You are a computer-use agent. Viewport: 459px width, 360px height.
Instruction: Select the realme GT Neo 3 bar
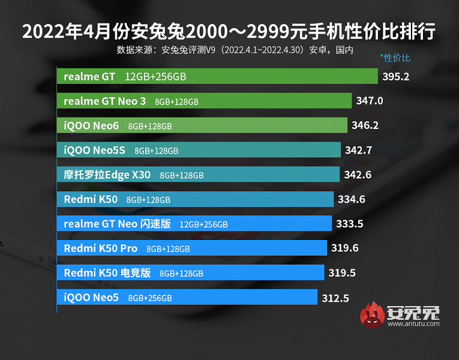point(204,101)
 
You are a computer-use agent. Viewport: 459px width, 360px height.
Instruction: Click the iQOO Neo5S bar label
point(94,150)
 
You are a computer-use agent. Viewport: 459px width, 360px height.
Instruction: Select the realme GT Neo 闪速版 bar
point(194,224)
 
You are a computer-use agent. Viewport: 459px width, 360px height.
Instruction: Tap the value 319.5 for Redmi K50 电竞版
point(342,273)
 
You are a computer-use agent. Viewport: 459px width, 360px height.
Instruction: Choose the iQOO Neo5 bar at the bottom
point(187,298)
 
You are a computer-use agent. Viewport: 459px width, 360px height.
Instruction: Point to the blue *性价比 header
point(395,58)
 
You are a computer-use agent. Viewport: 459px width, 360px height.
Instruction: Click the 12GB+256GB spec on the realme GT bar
point(155,77)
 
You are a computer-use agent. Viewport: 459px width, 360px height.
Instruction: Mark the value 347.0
point(369,101)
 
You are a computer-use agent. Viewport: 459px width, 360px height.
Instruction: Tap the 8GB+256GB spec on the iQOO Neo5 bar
point(150,298)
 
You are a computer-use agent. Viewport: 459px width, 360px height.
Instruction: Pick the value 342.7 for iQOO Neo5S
point(359,150)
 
